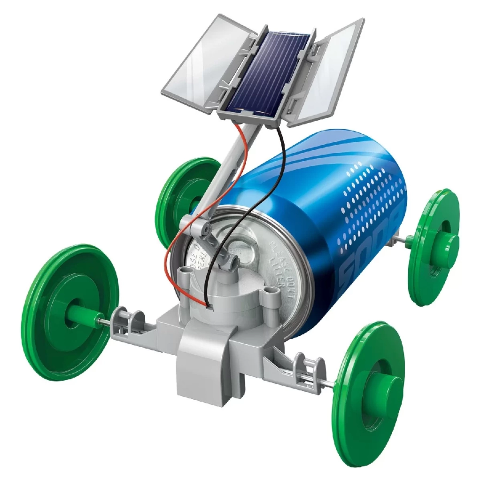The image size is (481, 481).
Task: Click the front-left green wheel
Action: click(70, 310)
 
